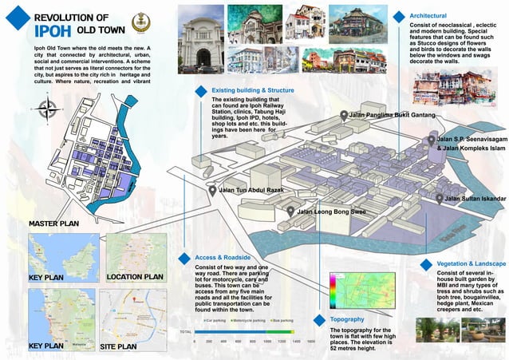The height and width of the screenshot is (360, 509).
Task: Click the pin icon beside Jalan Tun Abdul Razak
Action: tap(212, 191)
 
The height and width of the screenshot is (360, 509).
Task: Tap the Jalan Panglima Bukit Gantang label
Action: tap(391, 116)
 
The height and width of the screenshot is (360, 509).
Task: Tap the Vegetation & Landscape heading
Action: tap(471, 263)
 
